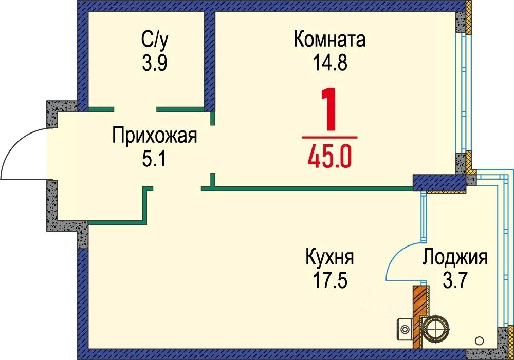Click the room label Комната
329,40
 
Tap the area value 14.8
329,63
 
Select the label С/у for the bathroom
154,40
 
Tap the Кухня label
329,256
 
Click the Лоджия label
455,256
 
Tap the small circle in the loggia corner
480,339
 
